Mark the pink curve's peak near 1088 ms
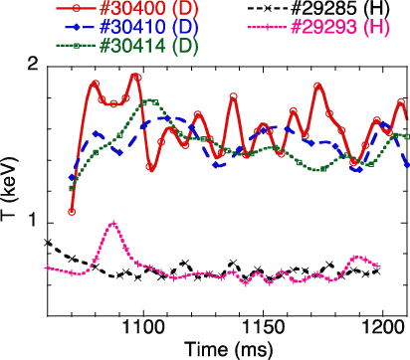pyautogui.click(x=114, y=224)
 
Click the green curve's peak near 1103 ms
pyautogui.click(x=150, y=100)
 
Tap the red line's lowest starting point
pyautogui.click(x=72, y=212)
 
